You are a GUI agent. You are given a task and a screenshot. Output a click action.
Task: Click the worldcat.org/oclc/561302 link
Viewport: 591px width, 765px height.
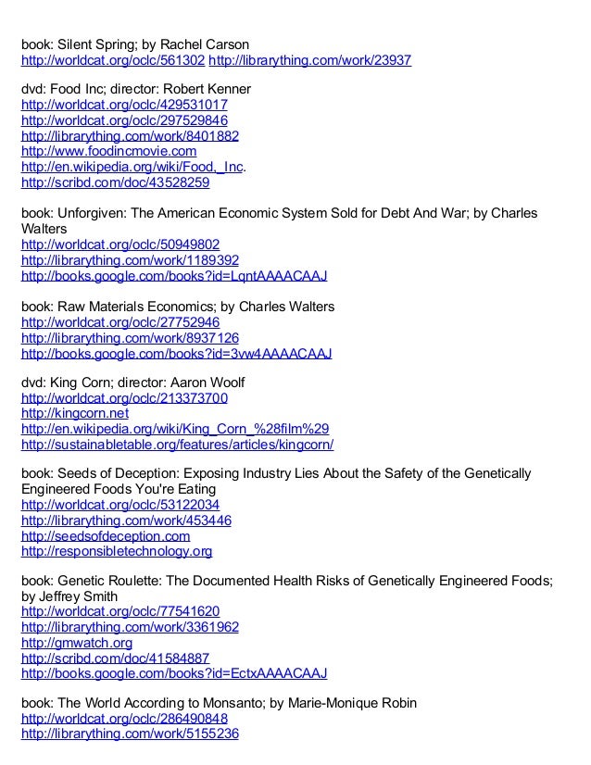point(113,61)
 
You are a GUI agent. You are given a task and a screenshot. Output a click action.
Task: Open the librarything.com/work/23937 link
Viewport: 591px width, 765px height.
point(310,61)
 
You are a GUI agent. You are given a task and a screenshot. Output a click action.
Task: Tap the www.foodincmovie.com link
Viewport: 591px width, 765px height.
point(108,151)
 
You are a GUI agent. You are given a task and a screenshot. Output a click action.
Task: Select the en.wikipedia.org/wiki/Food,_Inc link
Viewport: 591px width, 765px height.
point(124,167)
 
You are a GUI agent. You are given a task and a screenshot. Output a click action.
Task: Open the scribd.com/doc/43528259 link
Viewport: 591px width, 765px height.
point(115,182)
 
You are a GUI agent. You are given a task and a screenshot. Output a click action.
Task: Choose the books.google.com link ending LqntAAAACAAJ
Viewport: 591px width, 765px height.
point(174,276)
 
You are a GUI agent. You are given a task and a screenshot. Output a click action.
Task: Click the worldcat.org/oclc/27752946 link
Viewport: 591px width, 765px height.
point(120,322)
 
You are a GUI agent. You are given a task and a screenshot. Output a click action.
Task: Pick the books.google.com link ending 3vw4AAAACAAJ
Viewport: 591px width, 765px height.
point(176,354)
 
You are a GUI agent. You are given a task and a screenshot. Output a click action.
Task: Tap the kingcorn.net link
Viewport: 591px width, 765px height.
point(75,413)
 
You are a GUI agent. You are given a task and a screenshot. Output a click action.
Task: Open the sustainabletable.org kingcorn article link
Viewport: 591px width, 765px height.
point(177,445)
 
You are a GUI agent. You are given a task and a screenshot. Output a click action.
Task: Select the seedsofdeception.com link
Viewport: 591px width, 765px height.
point(106,536)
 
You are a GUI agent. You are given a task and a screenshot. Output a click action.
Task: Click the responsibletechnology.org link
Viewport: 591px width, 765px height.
point(117,552)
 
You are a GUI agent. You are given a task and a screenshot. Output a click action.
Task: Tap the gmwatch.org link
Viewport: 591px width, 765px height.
point(77,642)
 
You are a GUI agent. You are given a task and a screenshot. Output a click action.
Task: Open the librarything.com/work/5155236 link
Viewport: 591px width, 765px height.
point(130,734)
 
